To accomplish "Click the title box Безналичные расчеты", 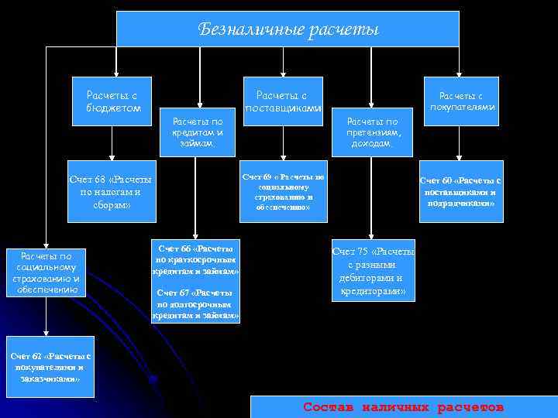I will click(x=288, y=29).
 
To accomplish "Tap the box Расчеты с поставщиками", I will click(x=283, y=101).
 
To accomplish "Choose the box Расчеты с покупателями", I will click(x=462, y=101).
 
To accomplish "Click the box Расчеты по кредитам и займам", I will click(x=197, y=132).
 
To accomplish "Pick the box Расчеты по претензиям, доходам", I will click(x=373, y=132).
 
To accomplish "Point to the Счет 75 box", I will click(x=373, y=271).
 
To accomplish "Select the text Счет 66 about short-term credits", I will click(x=196, y=260).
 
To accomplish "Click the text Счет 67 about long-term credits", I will click(x=196, y=304).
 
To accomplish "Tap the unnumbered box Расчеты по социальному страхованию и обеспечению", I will click(x=50, y=272).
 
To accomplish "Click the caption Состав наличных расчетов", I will click(x=403, y=406).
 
